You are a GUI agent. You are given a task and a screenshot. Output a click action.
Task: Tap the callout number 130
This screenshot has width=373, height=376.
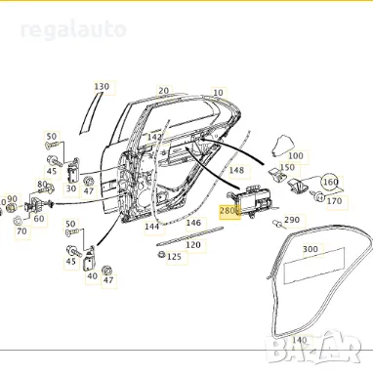tap(102, 87)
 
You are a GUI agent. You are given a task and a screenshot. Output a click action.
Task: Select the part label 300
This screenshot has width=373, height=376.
tap(311, 249)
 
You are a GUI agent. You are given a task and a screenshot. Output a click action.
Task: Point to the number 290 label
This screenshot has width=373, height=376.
tap(292, 221)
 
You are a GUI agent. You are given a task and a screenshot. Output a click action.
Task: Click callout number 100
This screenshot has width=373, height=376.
tap(296, 155)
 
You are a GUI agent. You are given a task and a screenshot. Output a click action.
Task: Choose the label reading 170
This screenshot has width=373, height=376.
tap(335, 201)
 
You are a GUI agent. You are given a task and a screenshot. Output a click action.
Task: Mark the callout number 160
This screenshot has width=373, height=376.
tap(330, 182)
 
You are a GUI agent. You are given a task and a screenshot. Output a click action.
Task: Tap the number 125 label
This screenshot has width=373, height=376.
tap(174, 257)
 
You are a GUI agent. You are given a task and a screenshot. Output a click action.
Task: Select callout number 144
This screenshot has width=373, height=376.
tap(151, 226)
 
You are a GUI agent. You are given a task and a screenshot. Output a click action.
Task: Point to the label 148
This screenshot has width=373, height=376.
tap(235, 171)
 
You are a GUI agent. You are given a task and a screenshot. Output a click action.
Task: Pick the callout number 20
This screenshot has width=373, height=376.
tap(163, 91)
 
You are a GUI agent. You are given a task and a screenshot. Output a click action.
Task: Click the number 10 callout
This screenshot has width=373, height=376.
tap(217, 93)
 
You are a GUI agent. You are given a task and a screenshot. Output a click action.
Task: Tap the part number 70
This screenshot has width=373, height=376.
tap(21, 231)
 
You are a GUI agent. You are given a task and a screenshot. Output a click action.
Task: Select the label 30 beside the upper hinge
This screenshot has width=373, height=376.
tap(71, 188)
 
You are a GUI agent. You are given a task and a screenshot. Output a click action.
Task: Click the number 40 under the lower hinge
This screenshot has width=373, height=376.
tap(91, 276)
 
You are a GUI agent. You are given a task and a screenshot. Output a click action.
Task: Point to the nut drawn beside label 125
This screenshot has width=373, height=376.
tap(159, 256)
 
